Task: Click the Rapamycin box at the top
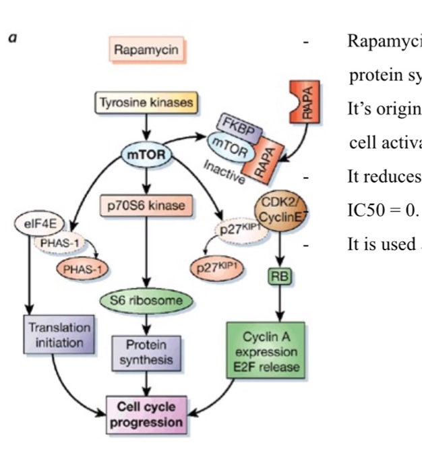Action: [141, 50]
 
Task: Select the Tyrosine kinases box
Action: [146, 102]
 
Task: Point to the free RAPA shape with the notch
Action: [304, 101]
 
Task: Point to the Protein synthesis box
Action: [146, 351]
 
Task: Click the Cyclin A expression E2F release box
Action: [269, 351]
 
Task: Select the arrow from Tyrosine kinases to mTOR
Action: [146, 126]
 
